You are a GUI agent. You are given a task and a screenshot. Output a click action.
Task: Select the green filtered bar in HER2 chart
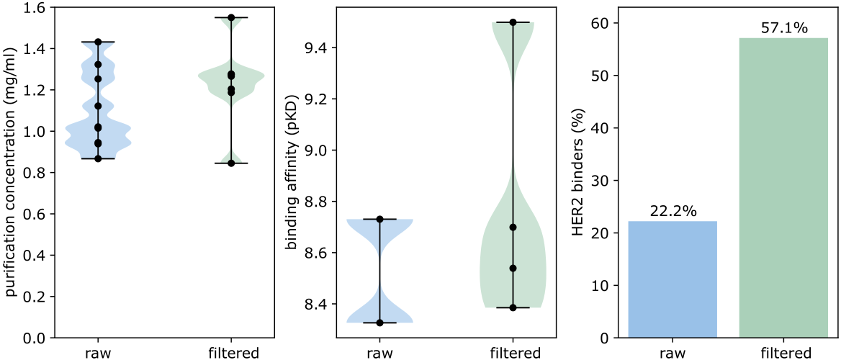point(783,187)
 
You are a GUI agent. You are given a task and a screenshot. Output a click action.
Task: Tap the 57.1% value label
point(783,29)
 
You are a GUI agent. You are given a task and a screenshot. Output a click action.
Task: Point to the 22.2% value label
point(673,212)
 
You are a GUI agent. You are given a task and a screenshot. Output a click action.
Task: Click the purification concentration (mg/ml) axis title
point(11,173)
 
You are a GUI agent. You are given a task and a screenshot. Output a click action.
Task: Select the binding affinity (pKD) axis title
point(292,173)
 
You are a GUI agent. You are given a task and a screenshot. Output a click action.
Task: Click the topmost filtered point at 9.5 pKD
point(513,22)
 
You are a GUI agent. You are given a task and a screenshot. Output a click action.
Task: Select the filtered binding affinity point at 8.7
point(513,228)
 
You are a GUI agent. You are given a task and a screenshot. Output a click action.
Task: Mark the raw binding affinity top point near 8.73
point(379,219)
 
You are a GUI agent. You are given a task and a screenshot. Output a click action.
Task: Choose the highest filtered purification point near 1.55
point(231,17)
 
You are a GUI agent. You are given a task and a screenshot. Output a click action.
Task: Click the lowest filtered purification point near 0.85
point(231,163)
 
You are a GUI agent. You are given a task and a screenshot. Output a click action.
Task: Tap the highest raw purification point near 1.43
point(98,42)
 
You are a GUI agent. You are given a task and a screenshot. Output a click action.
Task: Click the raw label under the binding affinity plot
point(379,353)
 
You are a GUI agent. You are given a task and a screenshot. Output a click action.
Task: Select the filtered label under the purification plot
point(231,353)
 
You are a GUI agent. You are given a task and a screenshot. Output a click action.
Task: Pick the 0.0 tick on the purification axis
point(35,338)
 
